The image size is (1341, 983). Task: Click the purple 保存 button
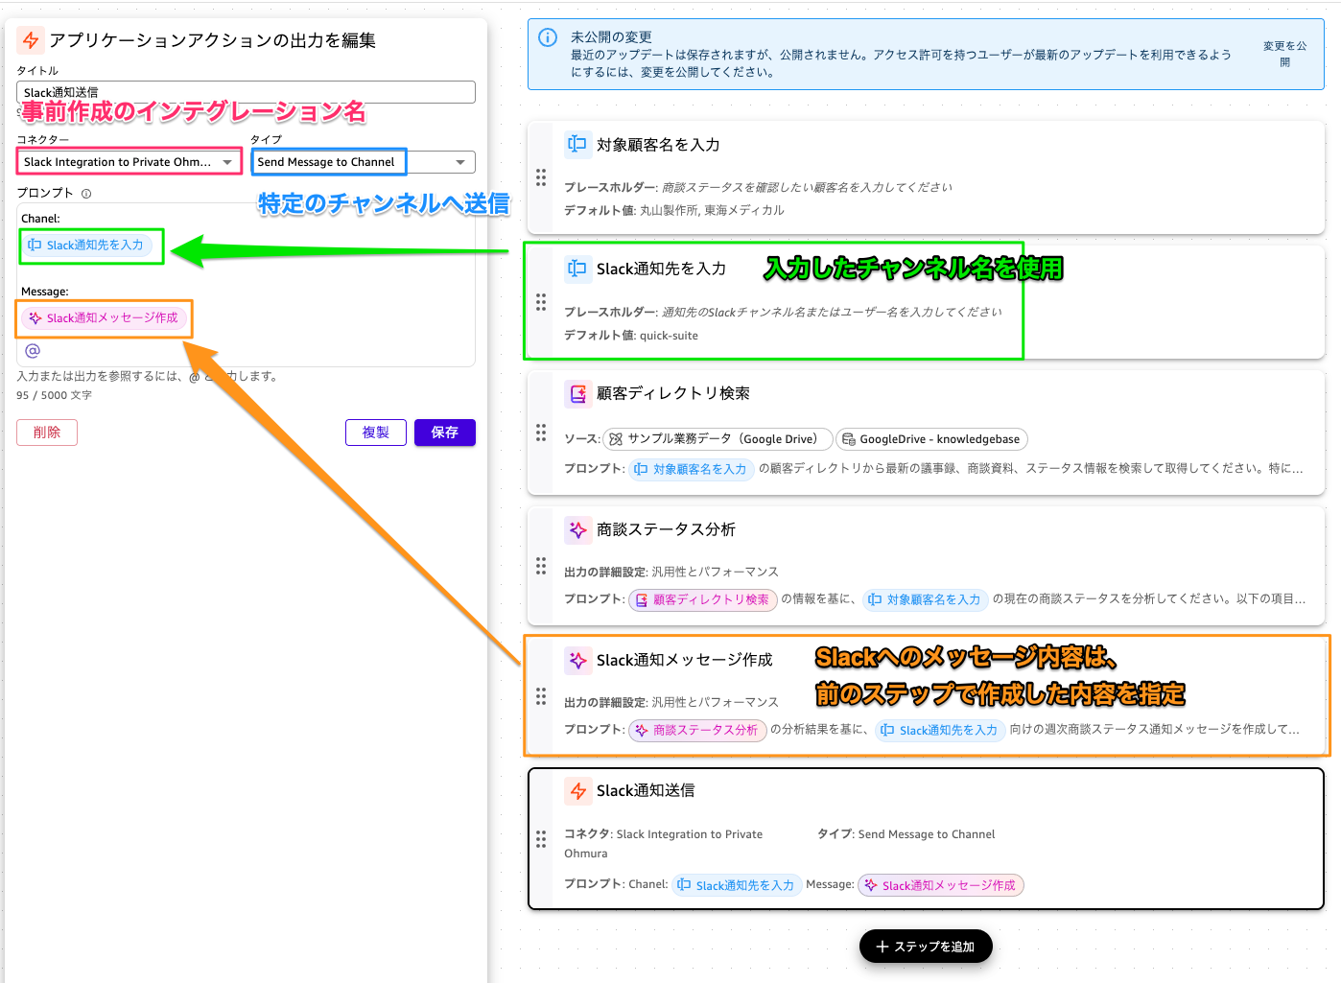click(444, 433)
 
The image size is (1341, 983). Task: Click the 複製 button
click(375, 433)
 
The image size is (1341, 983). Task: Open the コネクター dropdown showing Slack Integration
click(129, 162)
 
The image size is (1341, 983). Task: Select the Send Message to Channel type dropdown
click(363, 162)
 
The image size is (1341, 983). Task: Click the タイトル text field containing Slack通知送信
click(246, 92)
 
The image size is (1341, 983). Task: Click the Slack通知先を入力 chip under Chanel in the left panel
click(86, 246)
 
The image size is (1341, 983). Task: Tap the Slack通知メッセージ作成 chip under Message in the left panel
click(104, 318)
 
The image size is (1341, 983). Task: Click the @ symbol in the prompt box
click(33, 351)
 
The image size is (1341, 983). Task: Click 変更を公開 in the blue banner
click(1284, 54)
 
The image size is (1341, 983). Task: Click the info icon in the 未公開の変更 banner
click(548, 37)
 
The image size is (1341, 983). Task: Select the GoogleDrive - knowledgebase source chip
click(931, 439)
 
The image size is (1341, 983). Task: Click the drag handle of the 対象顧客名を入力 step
click(541, 177)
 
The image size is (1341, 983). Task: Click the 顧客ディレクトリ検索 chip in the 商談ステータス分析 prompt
click(702, 600)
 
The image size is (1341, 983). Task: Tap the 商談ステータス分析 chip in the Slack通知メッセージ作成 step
click(697, 731)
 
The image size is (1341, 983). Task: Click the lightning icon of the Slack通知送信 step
click(578, 791)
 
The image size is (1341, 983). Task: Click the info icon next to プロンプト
click(86, 194)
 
